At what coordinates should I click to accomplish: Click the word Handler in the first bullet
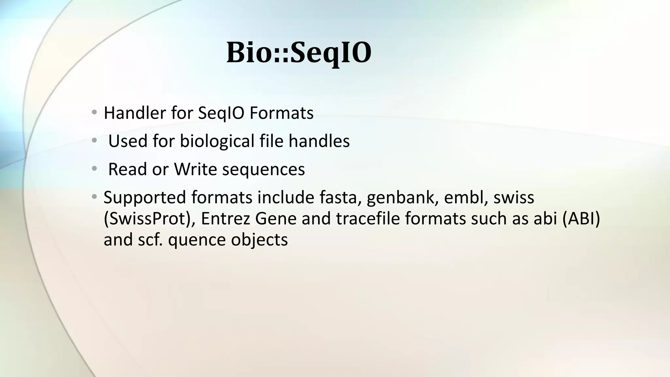pyautogui.click(x=135, y=113)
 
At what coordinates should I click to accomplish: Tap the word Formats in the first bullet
pyautogui.click(x=281, y=113)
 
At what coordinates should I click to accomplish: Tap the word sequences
pyautogui.click(x=263, y=170)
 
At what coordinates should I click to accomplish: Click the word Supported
pyautogui.click(x=145, y=198)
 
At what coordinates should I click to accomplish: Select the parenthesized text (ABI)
pyautogui.click(x=581, y=219)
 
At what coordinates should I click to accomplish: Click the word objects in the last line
pyautogui.click(x=259, y=240)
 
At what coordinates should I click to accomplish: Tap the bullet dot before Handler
pyautogui.click(x=94, y=113)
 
